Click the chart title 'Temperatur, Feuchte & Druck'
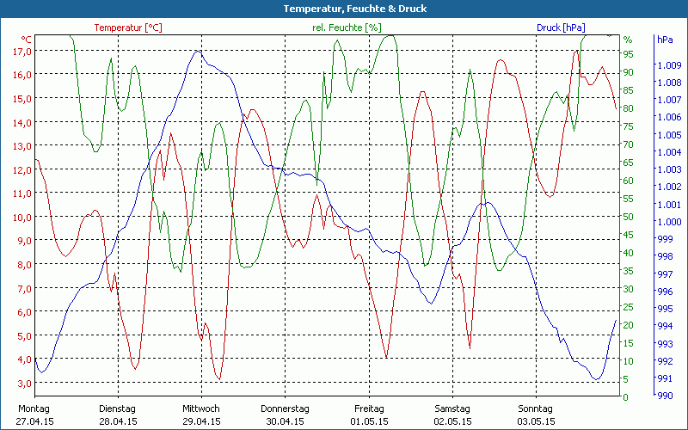(x=343, y=9)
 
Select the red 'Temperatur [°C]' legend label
(x=127, y=28)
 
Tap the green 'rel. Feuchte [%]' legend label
(x=347, y=28)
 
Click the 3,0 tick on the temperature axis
(x=22, y=383)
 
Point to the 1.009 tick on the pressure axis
(x=668, y=65)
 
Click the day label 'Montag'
(x=34, y=408)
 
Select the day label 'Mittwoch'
(x=201, y=408)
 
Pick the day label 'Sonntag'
(x=537, y=408)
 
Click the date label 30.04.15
(x=285, y=421)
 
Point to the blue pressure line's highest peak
(x=198, y=51)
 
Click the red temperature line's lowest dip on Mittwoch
(x=219, y=378)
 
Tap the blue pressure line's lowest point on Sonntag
(x=596, y=379)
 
